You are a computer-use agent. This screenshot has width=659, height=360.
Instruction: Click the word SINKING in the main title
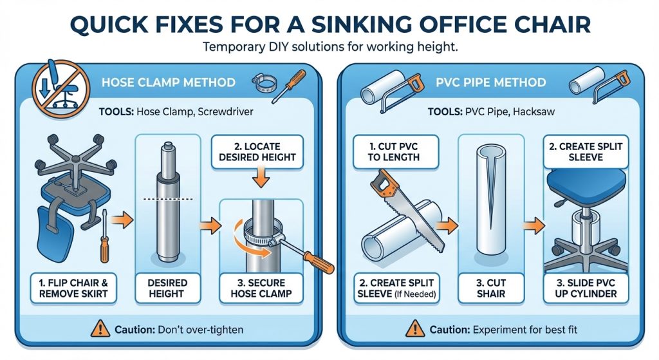[360, 24]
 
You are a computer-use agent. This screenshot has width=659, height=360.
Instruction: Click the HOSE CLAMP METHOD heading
[169, 82]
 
